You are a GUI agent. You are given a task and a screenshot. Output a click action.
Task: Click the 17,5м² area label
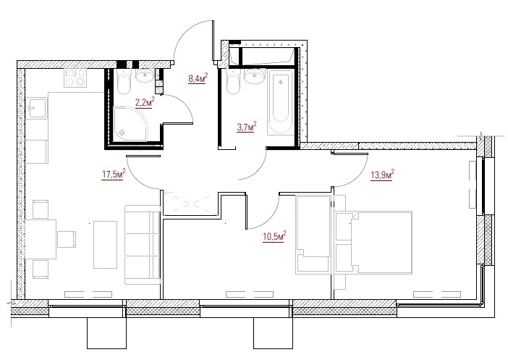point(114,175)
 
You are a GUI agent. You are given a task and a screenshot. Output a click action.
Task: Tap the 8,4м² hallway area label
point(198,78)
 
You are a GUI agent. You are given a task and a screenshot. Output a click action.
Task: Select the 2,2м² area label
point(145,103)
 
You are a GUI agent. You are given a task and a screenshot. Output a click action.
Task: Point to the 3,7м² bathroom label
point(247,127)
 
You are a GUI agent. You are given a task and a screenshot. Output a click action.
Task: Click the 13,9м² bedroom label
point(382,175)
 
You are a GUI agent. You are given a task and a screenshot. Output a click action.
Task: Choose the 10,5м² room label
point(274,236)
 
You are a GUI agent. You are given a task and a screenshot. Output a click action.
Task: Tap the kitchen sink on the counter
point(36,109)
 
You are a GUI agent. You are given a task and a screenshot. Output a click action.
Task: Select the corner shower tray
point(130,125)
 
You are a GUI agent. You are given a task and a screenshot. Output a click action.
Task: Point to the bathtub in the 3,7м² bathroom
point(281,102)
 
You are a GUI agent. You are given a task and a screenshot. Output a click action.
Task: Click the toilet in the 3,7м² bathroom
point(233,82)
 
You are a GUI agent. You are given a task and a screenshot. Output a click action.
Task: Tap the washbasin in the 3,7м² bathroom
point(255,77)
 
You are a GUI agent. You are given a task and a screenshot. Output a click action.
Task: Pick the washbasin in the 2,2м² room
point(145,76)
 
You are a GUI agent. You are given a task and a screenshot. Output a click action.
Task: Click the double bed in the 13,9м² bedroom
point(373,243)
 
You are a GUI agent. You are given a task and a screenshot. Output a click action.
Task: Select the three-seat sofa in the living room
point(143,245)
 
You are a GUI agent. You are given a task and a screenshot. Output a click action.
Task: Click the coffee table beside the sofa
point(106,245)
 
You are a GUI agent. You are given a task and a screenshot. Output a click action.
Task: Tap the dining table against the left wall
point(41,239)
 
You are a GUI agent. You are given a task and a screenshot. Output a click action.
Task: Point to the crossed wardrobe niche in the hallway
point(190,204)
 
